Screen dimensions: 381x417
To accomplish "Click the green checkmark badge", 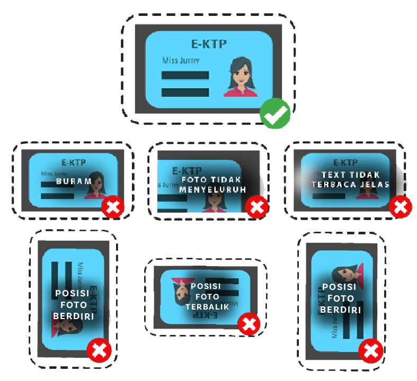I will click(x=275, y=114).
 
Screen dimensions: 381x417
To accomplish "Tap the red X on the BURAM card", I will click(x=113, y=207).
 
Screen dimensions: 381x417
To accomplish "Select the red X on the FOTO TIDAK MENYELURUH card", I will click(x=258, y=207).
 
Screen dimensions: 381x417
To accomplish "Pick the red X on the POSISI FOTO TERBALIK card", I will click(x=249, y=324).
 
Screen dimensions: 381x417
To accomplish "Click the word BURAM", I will click(x=74, y=181).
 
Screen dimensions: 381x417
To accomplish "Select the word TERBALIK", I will click(x=207, y=306).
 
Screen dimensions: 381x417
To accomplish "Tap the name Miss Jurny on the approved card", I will click(x=181, y=60).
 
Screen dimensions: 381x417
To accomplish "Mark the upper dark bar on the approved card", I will click(x=185, y=75).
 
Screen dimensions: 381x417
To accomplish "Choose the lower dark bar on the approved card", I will click(x=185, y=92).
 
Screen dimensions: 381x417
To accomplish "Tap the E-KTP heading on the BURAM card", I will click(x=74, y=162).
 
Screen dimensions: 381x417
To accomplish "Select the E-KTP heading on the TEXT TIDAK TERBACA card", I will click(x=345, y=162).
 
